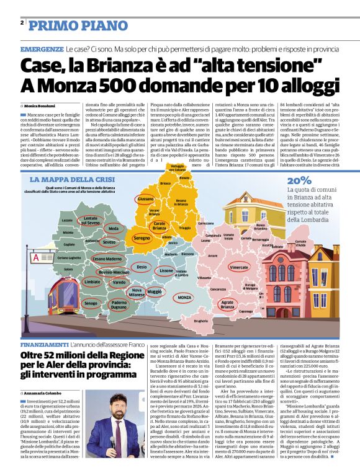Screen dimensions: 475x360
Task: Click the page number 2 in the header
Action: [22, 22]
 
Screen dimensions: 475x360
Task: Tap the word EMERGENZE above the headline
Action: [42, 48]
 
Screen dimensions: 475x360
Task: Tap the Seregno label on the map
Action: [142, 238]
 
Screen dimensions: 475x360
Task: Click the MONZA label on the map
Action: [184, 298]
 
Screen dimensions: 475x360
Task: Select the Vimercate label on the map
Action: [239, 267]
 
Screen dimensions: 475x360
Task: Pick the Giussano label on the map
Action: [145, 198]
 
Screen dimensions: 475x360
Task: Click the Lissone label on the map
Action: [166, 271]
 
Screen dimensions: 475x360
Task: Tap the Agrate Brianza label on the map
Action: [227, 304]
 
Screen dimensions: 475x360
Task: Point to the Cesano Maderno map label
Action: [107, 259]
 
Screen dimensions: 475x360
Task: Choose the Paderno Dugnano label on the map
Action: [119, 304]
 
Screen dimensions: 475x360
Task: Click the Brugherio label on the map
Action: [200, 321]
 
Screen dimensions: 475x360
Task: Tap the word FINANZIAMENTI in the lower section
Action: [44, 344]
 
